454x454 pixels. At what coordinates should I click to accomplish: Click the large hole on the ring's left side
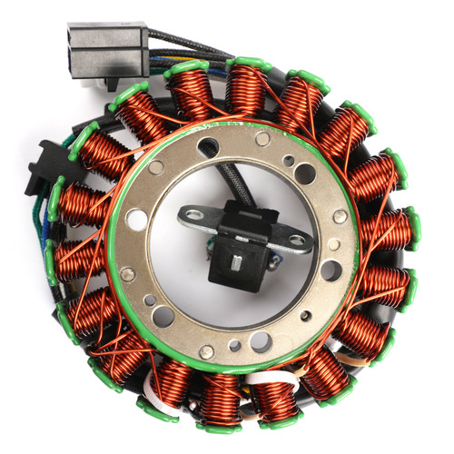point(138,219)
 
